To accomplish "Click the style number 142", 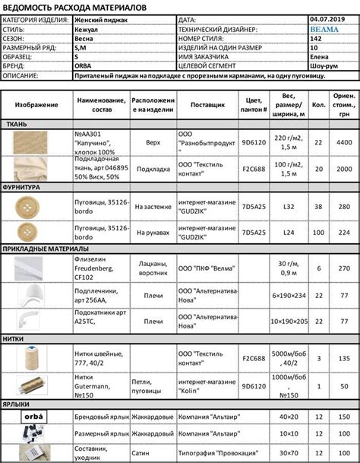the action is (315, 38).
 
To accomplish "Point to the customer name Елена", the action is (320, 56).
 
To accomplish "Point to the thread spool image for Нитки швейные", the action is (35, 360).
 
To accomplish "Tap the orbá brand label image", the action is (35, 417).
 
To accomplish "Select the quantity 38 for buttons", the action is (318, 205).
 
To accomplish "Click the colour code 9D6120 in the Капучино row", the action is (253, 141).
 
